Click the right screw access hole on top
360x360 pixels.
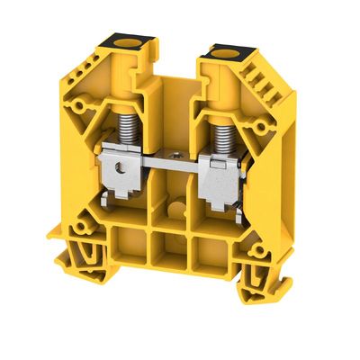[x=220, y=57]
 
